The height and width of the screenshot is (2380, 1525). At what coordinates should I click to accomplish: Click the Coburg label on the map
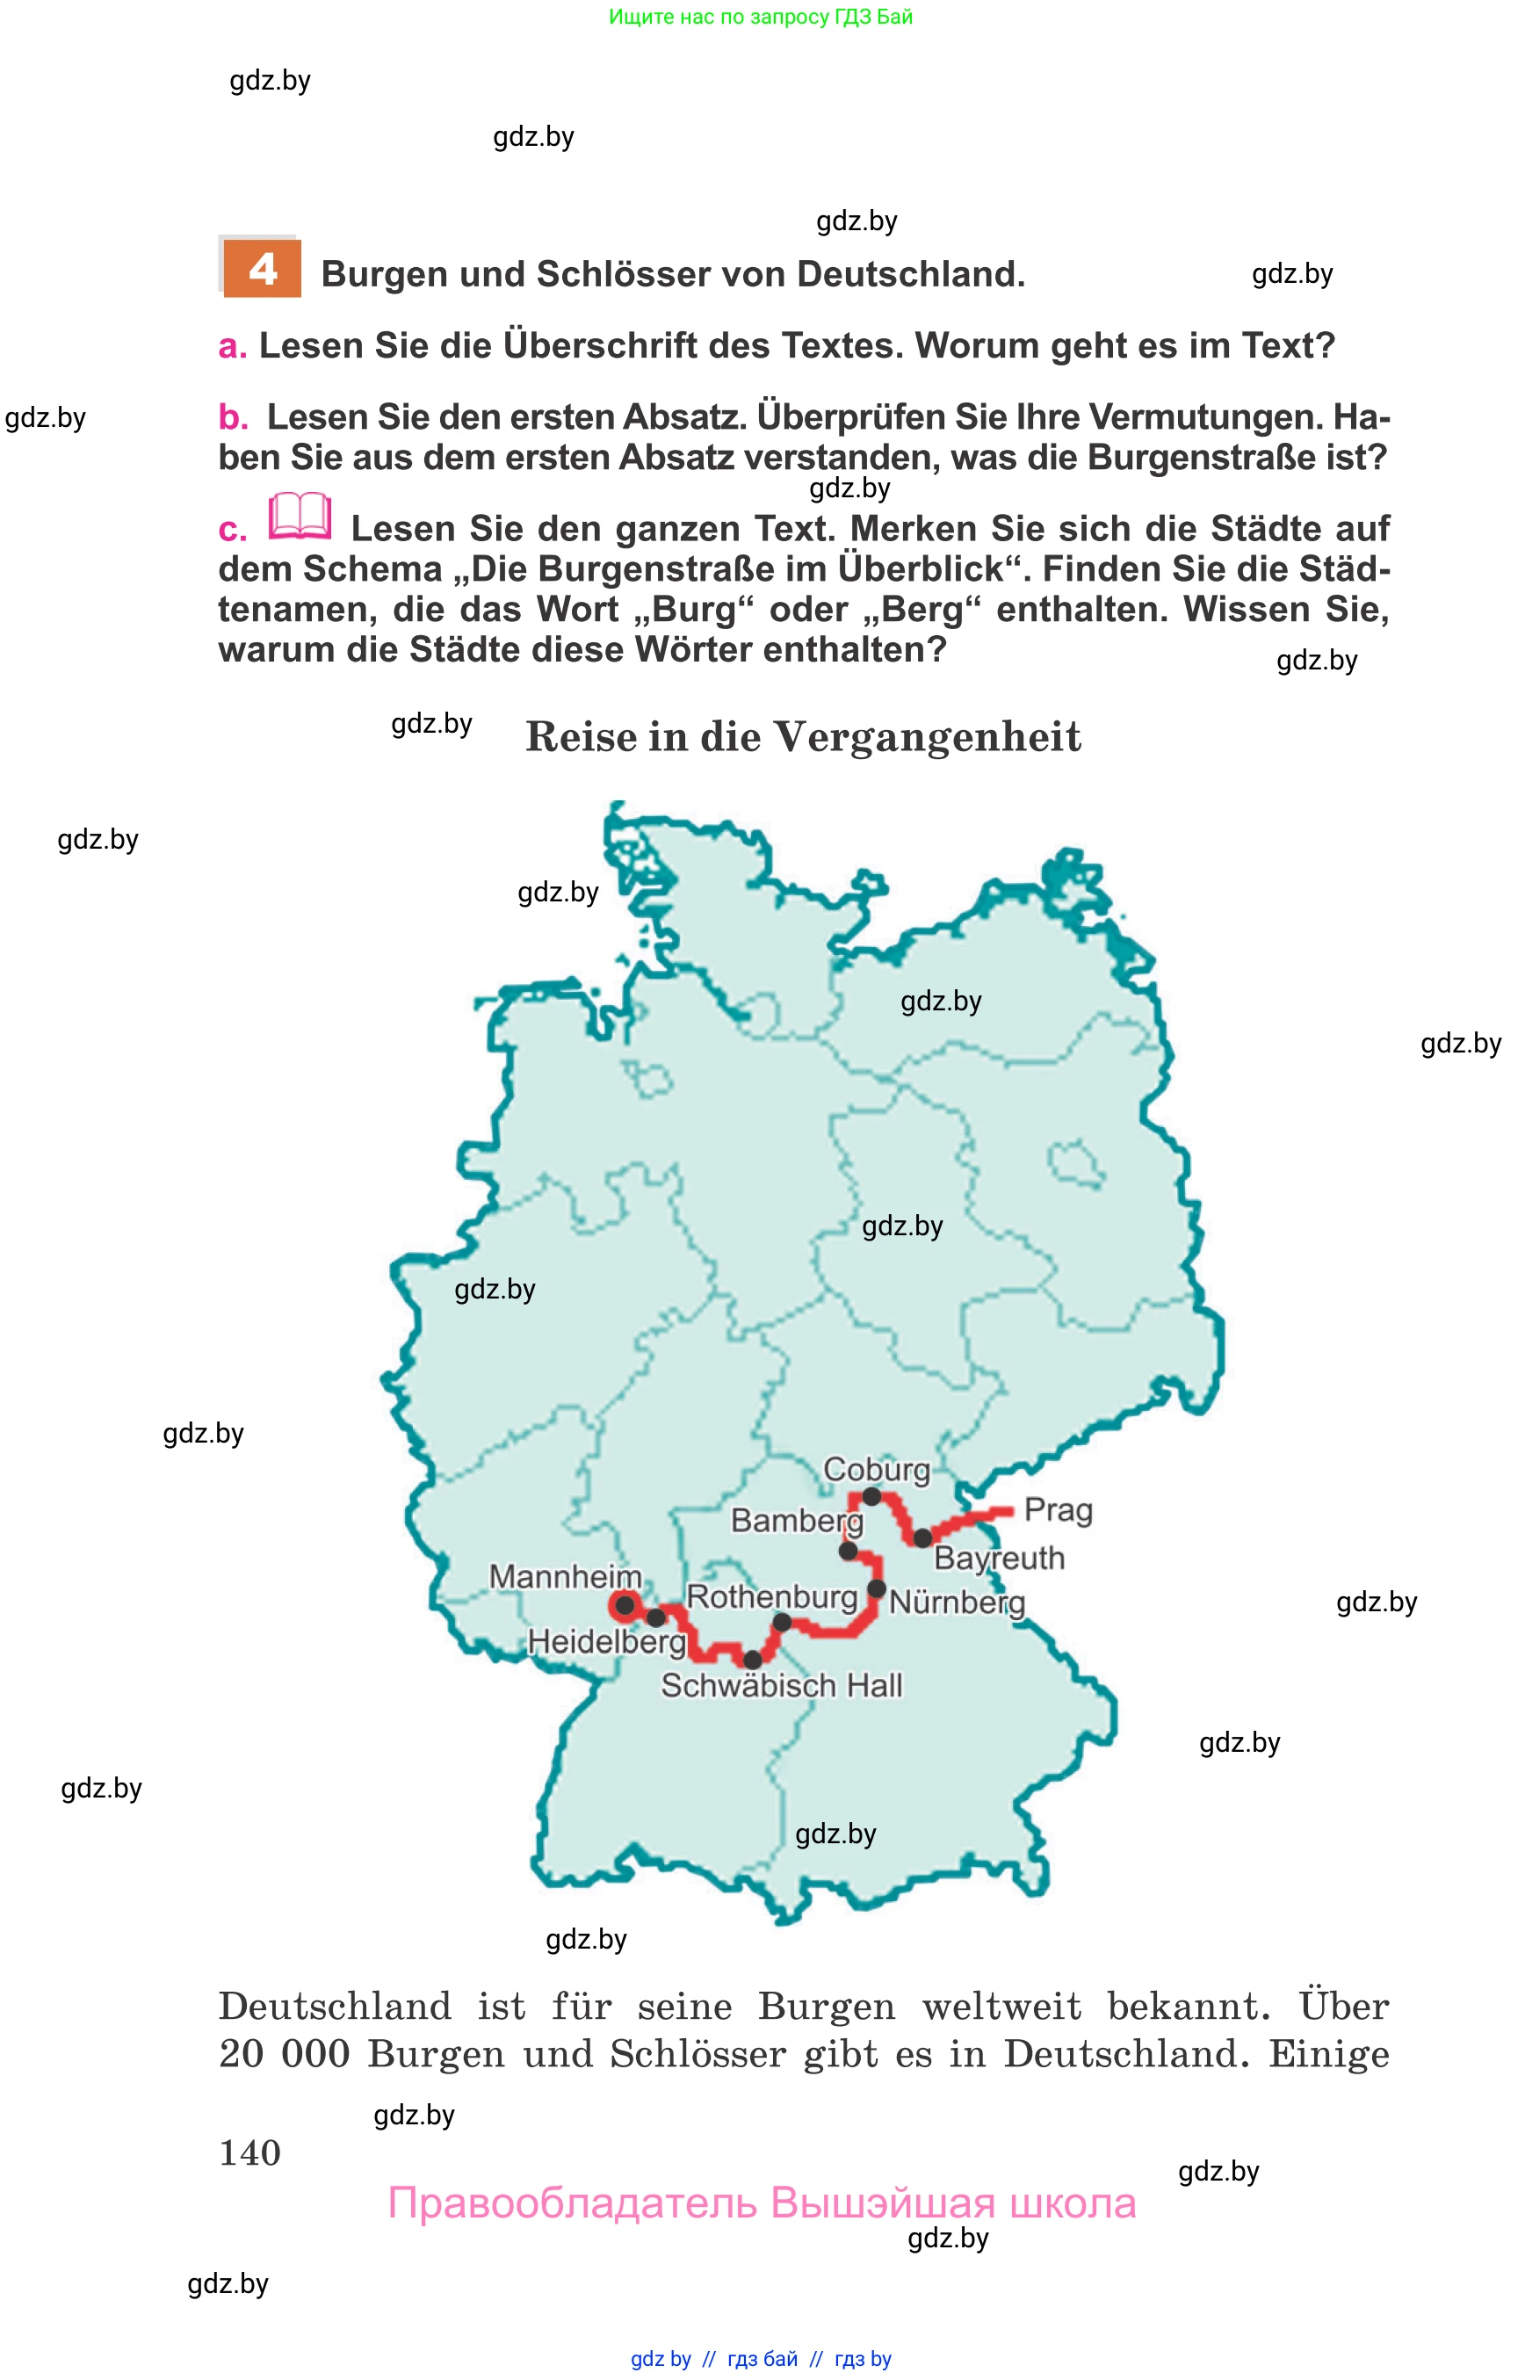(x=877, y=1469)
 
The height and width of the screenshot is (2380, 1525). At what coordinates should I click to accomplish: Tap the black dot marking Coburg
(x=871, y=1495)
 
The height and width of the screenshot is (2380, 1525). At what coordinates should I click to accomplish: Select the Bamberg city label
(x=796, y=1520)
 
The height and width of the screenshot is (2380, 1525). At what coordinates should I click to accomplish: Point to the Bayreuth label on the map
(x=999, y=1558)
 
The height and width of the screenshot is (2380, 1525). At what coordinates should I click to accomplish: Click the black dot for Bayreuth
(x=922, y=1538)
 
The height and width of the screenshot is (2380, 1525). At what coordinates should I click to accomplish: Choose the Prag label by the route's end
(x=1058, y=1510)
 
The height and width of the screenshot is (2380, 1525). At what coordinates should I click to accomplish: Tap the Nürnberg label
(x=957, y=1602)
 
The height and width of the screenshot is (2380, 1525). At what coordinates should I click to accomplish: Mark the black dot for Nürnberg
(x=877, y=1588)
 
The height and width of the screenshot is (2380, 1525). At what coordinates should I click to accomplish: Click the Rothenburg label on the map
(x=771, y=1596)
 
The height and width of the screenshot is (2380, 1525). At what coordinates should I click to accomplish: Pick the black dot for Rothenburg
(x=781, y=1623)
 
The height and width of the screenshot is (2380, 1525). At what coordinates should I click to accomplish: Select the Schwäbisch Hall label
(x=781, y=1685)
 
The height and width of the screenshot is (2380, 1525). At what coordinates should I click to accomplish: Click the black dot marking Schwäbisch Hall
(x=753, y=1659)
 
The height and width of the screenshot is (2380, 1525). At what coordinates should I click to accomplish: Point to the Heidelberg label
(x=606, y=1641)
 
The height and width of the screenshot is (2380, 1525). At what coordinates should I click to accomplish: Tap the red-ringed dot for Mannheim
(x=625, y=1605)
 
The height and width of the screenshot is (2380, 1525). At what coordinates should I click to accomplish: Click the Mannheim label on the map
(x=565, y=1576)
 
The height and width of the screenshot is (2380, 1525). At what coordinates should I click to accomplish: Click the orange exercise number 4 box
(x=262, y=269)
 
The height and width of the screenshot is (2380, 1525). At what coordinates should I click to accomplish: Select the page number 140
(x=249, y=2152)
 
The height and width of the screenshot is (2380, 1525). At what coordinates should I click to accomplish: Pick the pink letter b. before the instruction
(x=233, y=417)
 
